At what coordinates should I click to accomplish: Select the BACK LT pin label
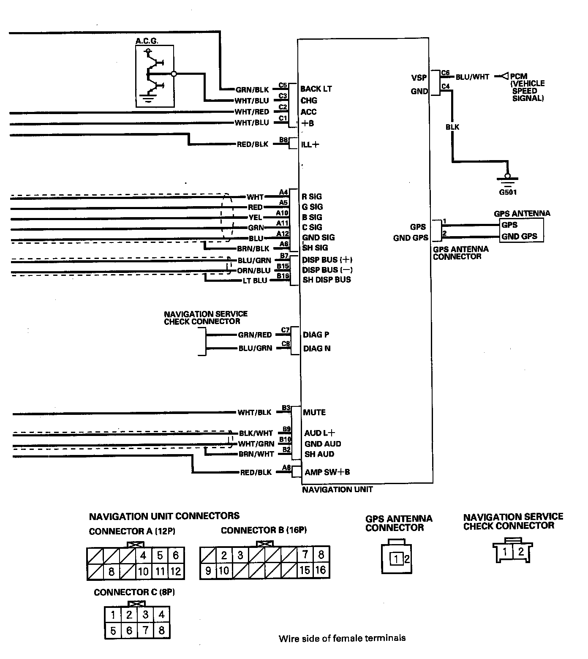pyautogui.click(x=316, y=89)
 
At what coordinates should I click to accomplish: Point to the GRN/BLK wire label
pyautogui.click(x=252, y=90)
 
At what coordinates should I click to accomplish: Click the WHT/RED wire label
pyautogui.click(x=252, y=112)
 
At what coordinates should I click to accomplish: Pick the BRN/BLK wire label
pyautogui.click(x=253, y=248)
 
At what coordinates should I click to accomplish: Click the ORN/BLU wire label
pyautogui.click(x=254, y=270)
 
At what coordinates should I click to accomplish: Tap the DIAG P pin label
pyautogui.click(x=316, y=335)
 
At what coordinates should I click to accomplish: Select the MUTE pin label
pyautogui.click(x=314, y=412)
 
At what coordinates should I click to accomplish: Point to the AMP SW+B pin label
pyautogui.click(x=327, y=472)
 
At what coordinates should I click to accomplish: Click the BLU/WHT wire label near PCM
pyautogui.click(x=472, y=77)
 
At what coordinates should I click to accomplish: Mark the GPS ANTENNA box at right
pyautogui.click(x=521, y=231)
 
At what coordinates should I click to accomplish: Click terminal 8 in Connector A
pyautogui.click(x=112, y=572)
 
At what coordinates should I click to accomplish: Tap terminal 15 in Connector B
pyautogui.click(x=305, y=570)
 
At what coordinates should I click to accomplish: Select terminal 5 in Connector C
pyautogui.click(x=113, y=631)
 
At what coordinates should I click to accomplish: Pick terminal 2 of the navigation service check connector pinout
pyautogui.click(x=521, y=551)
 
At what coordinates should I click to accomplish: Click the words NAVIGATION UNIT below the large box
pyautogui.click(x=338, y=490)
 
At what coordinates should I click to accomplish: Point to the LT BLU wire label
pyautogui.click(x=255, y=280)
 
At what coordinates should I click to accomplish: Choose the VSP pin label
pyautogui.click(x=419, y=78)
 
